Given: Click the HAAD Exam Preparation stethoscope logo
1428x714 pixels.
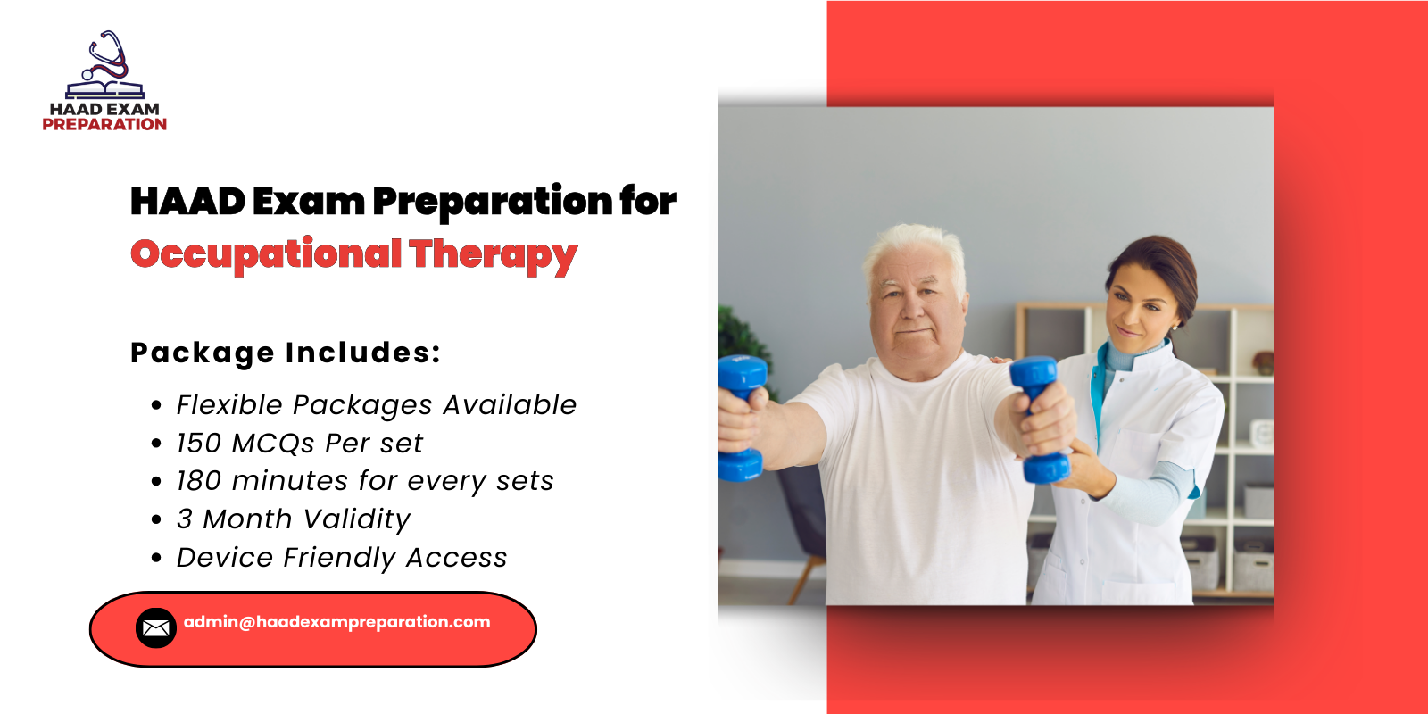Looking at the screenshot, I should (105, 67).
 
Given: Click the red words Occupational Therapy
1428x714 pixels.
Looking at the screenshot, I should (353, 254).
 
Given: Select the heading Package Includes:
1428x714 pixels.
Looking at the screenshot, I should (286, 353).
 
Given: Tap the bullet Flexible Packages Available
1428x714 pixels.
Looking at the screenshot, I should (376, 405).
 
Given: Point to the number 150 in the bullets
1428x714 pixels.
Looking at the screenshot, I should (198, 444).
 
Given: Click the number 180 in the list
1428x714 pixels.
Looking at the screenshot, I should (198, 481).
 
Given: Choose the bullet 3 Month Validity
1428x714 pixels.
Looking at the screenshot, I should (293, 519).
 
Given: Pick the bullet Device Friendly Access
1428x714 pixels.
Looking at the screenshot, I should (341, 558).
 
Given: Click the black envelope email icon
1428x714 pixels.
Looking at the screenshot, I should (156, 628).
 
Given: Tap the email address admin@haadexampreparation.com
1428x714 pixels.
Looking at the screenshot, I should (336, 622).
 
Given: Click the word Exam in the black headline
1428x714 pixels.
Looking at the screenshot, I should (308, 202).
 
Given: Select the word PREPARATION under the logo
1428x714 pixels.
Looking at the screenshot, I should (104, 125).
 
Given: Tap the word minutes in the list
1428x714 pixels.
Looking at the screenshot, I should (290, 481).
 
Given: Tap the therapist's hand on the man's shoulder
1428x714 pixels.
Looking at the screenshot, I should (999, 361).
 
